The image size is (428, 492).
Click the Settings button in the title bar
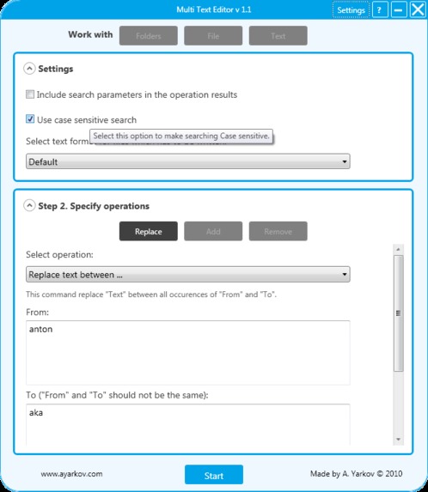point(351,10)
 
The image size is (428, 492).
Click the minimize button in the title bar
point(398,10)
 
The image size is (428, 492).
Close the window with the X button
point(415,10)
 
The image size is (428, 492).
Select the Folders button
point(148,36)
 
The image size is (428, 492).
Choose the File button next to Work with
point(213,36)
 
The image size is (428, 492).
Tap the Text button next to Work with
point(278,36)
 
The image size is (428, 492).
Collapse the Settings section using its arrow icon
point(29,69)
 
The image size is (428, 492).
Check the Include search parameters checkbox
point(30,94)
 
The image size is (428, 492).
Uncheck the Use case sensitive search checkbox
point(30,120)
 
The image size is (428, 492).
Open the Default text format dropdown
point(187,161)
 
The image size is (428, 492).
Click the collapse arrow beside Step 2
point(29,206)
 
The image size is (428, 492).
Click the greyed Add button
point(213,231)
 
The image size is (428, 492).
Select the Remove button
point(278,231)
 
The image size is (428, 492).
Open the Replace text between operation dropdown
point(187,274)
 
